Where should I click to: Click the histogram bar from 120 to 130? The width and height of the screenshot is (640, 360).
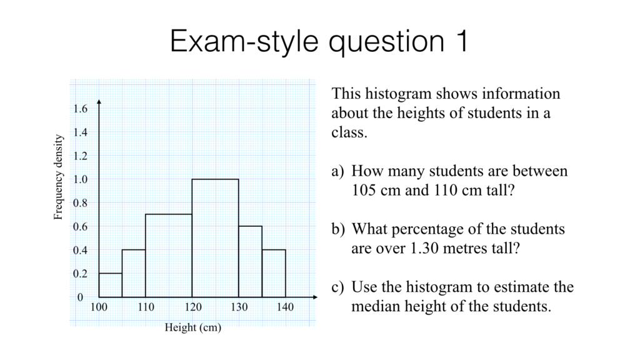pos(215,238)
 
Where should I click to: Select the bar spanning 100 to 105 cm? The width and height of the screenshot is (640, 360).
pos(110,285)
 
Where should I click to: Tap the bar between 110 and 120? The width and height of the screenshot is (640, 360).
pos(168,256)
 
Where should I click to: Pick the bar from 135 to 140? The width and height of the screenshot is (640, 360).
pos(274,273)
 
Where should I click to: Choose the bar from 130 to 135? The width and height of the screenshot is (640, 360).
pos(250,261)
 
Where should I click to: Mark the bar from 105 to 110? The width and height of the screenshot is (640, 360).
pos(134,273)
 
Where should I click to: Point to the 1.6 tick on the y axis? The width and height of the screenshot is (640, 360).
pos(81,109)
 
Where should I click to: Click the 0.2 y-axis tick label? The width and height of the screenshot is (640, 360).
pos(81,274)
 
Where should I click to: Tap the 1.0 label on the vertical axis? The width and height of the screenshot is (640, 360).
pos(81,180)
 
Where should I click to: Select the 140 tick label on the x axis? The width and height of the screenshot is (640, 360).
pos(285,307)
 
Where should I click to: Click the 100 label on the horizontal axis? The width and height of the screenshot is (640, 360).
pos(99,307)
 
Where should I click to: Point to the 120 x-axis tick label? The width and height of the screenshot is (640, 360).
pos(192,307)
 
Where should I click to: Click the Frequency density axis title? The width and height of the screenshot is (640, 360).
pos(59,177)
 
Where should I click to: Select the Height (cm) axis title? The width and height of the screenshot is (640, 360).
pos(192,327)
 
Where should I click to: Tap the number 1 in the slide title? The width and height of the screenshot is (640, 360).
pos(459,42)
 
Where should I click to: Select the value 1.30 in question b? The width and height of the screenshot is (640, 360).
pos(426,249)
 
